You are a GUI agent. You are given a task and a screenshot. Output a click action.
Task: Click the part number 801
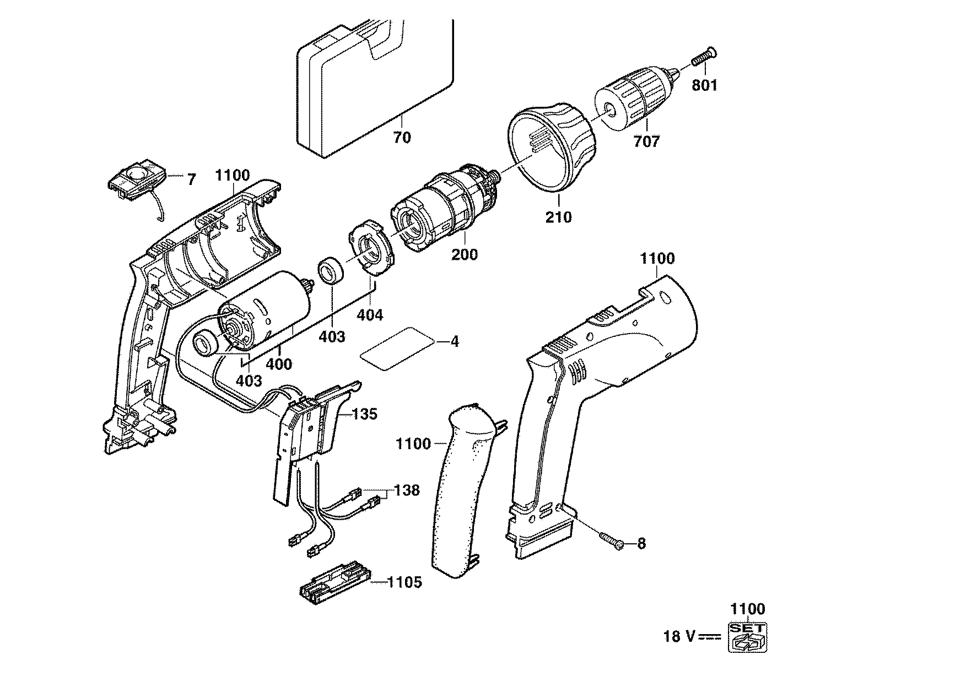[x=705, y=85]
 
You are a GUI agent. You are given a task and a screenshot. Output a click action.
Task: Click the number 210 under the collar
[x=558, y=216]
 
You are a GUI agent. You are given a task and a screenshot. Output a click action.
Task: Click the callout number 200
[x=465, y=254]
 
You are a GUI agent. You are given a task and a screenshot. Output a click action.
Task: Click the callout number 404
[x=369, y=315]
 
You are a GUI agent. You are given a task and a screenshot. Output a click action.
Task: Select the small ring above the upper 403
[x=331, y=272]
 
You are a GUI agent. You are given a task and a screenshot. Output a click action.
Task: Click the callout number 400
[x=279, y=364]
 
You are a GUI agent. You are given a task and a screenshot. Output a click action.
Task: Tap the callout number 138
[x=407, y=490]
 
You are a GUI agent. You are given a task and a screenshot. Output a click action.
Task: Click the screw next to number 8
[x=613, y=539]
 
